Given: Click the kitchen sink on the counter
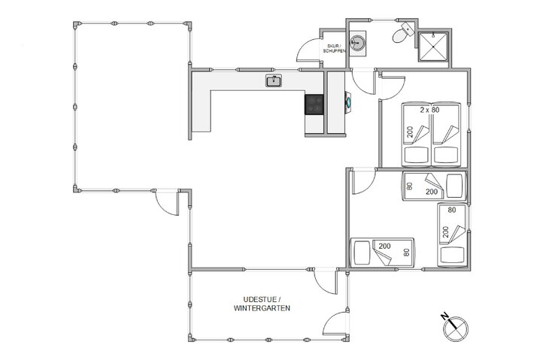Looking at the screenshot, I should point(273,80).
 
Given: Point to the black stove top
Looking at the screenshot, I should point(314,104).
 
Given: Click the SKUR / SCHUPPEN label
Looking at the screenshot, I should point(335,47).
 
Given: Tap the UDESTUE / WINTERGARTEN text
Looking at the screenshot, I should point(262,304).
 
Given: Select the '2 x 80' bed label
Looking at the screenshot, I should point(429,110).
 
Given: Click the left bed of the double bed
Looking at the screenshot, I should point(416,135).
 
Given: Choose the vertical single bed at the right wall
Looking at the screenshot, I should point(451,235).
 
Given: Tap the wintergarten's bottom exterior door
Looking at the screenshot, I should point(333,324).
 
